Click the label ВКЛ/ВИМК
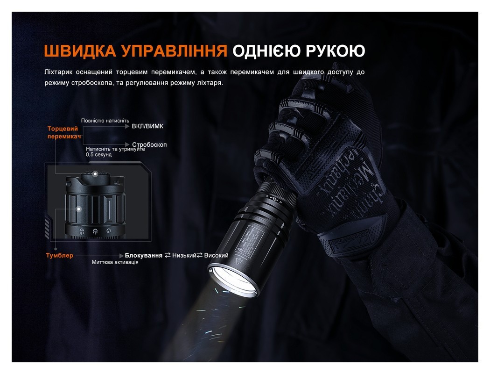[x=148, y=126]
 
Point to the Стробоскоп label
[x=149, y=145]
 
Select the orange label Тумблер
[x=60, y=256]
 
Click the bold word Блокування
[x=143, y=256]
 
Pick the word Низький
[x=184, y=256]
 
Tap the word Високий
[x=217, y=256]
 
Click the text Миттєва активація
[x=115, y=263]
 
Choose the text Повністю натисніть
[x=105, y=120]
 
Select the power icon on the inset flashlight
[x=109, y=230]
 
